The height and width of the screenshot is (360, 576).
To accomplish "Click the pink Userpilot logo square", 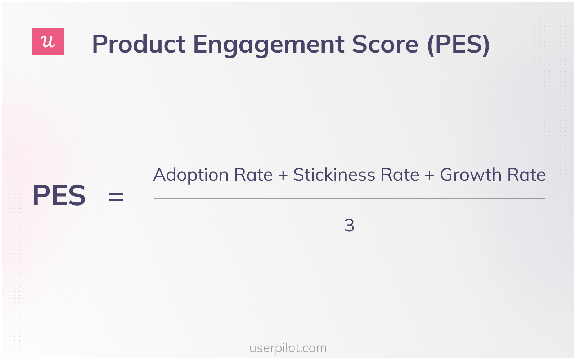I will pos(48,42).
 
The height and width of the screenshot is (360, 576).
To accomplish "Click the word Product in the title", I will pos(139,44).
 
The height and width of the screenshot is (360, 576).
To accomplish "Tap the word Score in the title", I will pos(385,44).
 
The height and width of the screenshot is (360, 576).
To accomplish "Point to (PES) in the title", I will pos(458,45).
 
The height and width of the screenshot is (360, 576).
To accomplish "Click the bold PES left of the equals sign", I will pos(59,195).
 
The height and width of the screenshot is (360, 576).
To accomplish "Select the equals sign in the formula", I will pos(116,197).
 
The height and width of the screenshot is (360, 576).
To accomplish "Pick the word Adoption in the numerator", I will pos(191,176).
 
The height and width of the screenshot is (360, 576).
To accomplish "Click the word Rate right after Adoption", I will pos(253,175).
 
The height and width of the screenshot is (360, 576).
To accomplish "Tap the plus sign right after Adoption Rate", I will pos(283,176).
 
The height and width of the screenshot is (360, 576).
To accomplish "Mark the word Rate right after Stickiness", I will pos(400,175).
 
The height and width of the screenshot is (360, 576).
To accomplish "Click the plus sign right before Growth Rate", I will pos(429,176).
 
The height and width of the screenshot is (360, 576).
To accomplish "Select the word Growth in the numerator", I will pos(471,175).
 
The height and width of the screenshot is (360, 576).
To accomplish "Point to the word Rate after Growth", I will pos(526,175).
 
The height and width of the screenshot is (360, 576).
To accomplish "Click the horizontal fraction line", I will pos(349,198).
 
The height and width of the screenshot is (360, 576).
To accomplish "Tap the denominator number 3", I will pos(349,226).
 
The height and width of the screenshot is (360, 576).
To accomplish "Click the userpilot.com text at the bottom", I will pos(288,348).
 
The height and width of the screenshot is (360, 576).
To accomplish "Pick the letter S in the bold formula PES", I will pos(77,195).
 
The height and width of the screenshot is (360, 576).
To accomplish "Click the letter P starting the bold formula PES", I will pos(41,195).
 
